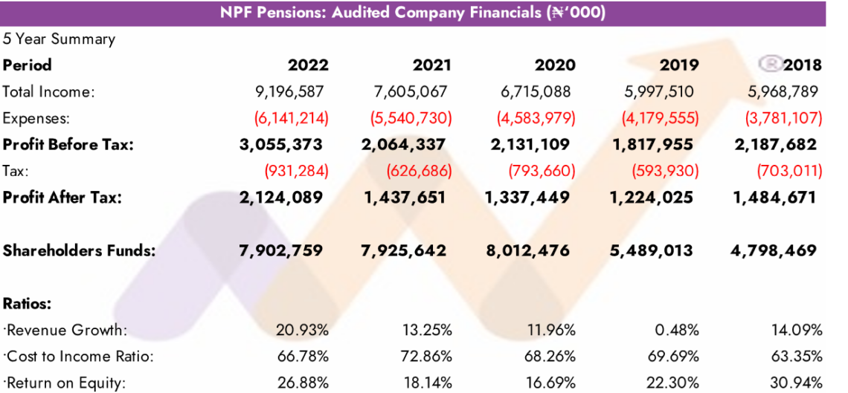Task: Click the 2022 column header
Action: click(308, 65)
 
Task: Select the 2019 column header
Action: click(679, 65)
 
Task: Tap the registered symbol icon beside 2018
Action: click(771, 63)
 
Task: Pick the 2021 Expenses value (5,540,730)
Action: click(409, 117)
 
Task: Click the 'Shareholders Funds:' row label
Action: click(79, 250)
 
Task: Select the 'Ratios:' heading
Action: click(28, 303)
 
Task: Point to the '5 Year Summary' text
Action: click(59, 39)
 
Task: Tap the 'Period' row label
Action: click(28, 65)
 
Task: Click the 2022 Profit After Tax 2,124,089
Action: click(281, 198)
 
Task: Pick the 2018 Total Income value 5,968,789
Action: click(782, 92)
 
